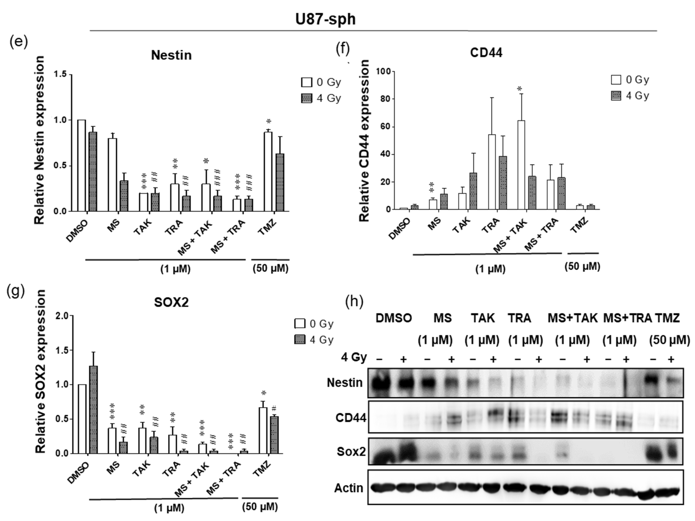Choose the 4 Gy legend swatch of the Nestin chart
pos(306,98)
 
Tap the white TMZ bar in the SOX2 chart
pos(263,431)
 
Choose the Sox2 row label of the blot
pos(351,451)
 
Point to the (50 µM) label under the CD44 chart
pos(582,267)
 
